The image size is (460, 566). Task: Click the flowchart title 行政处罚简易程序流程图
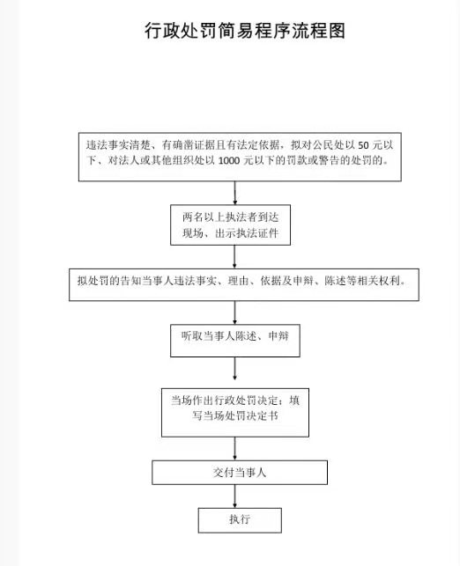pyautogui.click(x=245, y=31)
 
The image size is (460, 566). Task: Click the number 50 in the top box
pyautogui.click(x=363, y=145)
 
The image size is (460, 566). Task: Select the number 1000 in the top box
pyautogui.click(x=229, y=160)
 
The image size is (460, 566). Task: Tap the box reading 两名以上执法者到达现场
pyautogui.click(x=231, y=224)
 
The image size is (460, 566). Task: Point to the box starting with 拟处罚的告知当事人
pyautogui.click(x=244, y=284)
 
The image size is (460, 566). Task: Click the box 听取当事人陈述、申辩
pyautogui.click(x=235, y=341)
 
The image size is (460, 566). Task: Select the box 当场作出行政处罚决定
pyautogui.click(x=235, y=413)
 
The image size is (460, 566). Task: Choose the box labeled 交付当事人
pyautogui.click(x=240, y=472)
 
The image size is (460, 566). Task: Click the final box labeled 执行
pyautogui.click(x=240, y=520)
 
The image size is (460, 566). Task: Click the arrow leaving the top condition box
pyautogui.click(x=235, y=193)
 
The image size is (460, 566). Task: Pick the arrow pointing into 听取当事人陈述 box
pyautogui.click(x=235, y=312)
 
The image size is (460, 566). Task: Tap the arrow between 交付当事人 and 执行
pyautogui.click(x=235, y=496)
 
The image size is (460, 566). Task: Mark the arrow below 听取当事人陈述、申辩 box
pyautogui.click(x=235, y=369)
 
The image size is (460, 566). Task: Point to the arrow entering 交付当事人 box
pyautogui.click(x=235, y=449)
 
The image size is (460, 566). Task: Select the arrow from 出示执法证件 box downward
pyautogui.click(x=235, y=257)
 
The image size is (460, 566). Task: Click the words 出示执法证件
pyautogui.click(x=247, y=233)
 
